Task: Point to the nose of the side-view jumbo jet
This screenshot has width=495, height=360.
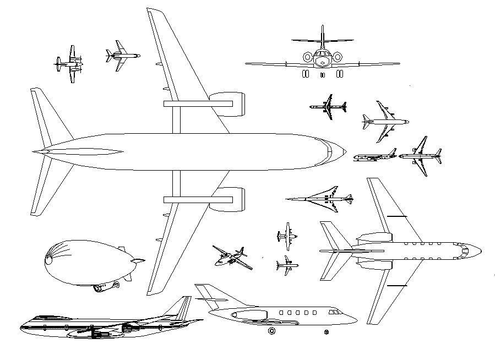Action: click(x=22, y=328)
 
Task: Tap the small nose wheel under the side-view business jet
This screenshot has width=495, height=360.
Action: click(x=326, y=332)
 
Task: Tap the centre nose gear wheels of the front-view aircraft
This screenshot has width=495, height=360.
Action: click(x=323, y=74)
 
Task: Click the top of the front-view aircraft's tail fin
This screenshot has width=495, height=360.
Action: click(x=322, y=26)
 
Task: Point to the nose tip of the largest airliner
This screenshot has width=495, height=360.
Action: click(x=345, y=151)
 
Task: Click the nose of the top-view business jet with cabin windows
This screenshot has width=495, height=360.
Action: click(x=479, y=250)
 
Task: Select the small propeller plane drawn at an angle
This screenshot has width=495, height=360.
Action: click(x=232, y=257)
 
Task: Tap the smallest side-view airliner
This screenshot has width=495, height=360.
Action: click(x=375, y=157)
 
